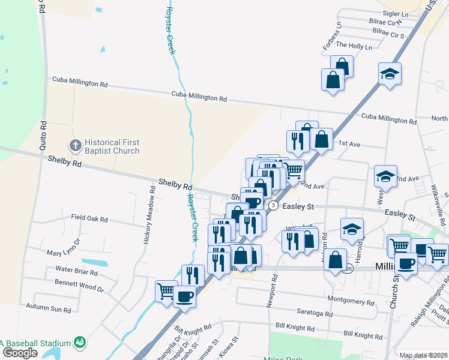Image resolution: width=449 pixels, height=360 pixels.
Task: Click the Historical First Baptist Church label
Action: click(112, 147)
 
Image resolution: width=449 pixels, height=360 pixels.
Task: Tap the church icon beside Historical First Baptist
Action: click(75, 145)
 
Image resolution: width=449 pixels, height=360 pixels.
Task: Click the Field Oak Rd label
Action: click(89, 219)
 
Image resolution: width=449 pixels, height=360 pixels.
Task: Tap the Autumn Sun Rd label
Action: click(49, 306)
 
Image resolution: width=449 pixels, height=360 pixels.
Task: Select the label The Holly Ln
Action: click(354, 46)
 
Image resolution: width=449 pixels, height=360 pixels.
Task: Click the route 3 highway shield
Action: click(274, 205)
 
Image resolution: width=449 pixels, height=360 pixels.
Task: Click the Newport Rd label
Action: click(274, 291)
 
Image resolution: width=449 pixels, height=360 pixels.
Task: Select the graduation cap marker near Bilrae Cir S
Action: click(390, 74)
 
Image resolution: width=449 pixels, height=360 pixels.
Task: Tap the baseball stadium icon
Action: click(79, 343)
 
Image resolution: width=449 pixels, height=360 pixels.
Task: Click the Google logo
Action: click(20, 353)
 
